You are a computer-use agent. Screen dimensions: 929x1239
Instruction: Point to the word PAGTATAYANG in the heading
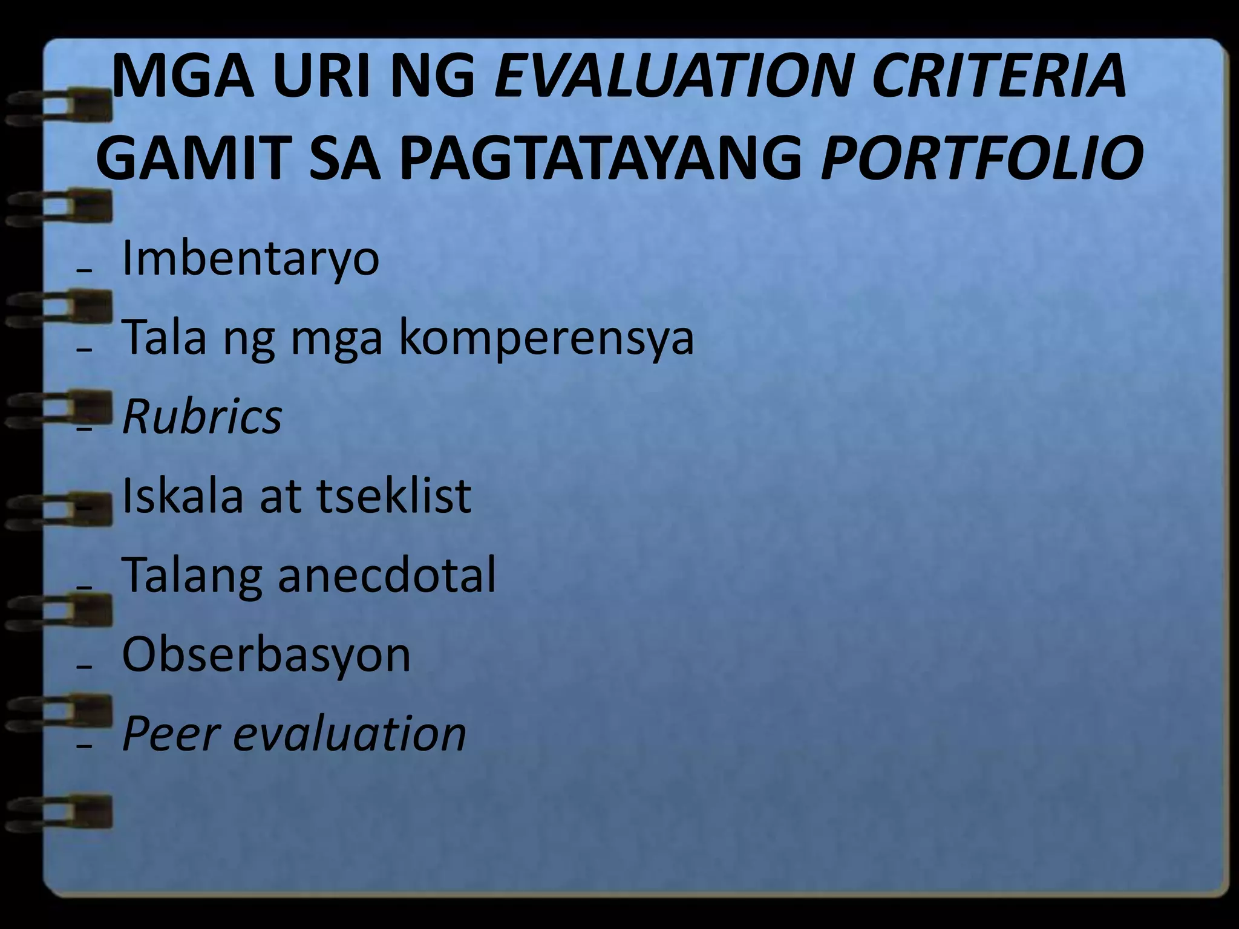(599, 158)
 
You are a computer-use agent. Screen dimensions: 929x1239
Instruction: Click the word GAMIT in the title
(191, 158)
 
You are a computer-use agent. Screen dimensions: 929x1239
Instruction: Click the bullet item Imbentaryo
(250, 259)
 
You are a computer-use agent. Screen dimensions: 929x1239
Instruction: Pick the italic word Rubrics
(202, 417)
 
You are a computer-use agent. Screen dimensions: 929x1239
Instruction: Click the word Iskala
(182, 496)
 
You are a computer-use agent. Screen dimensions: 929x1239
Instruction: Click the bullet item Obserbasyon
(266, 655)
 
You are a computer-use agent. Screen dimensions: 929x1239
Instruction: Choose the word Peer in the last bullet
(170, 734)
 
